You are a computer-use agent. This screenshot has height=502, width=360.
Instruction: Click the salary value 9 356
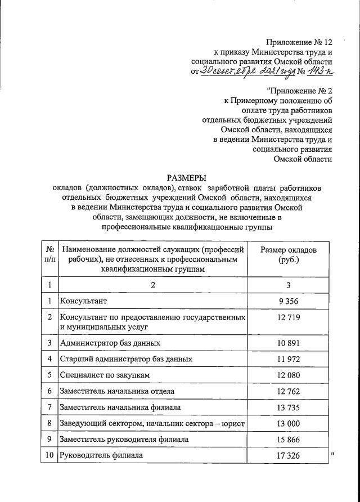point(289,301)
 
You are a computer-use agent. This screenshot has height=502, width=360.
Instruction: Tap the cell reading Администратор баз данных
point(111,342)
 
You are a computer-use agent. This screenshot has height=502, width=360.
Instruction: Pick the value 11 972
point(289,358)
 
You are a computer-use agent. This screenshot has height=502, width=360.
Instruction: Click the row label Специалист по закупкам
point(106,374)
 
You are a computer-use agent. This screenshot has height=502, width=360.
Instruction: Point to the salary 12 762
point(289,391)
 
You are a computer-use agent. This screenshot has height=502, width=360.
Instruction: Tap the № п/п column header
point(49,254)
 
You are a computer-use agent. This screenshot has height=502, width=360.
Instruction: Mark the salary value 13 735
point(289,407)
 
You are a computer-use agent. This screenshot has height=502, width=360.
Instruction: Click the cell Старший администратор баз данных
point(127,358)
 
